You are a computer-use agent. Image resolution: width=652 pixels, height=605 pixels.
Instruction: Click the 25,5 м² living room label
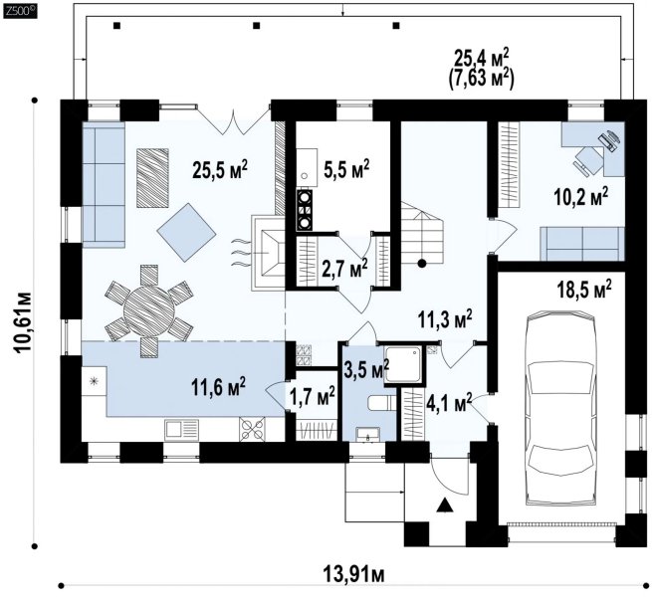coord(220,169)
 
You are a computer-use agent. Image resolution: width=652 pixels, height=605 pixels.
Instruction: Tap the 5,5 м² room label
coord(346,169)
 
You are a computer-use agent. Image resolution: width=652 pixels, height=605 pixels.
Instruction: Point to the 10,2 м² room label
coord(581,196)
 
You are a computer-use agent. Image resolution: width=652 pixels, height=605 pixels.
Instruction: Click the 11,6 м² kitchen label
coord(218,386)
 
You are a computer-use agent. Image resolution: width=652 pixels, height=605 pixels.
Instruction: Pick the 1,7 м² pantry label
coord(313,397)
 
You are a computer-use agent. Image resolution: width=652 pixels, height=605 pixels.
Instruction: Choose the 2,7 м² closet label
coord(344,269)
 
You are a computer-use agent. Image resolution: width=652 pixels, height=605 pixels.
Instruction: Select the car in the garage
coord(560,408)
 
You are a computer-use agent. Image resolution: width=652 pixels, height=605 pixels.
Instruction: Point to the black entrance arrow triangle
coord(445,505)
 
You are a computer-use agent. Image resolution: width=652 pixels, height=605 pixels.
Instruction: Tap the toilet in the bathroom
coord(381,403)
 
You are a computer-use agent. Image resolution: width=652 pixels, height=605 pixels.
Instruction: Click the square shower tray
coord(402,364)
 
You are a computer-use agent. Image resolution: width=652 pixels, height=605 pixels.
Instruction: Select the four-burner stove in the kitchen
coord(253,429)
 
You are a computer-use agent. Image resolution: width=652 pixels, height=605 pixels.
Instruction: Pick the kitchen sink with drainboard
coord(181,430)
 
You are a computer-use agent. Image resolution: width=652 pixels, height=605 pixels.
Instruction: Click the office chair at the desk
coord(588,159)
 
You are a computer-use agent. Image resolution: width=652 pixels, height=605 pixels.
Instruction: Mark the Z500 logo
coord(19,11)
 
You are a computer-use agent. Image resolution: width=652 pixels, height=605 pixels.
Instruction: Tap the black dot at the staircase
coord(422,263)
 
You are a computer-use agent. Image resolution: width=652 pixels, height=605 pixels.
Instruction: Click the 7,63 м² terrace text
coord(482,78)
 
